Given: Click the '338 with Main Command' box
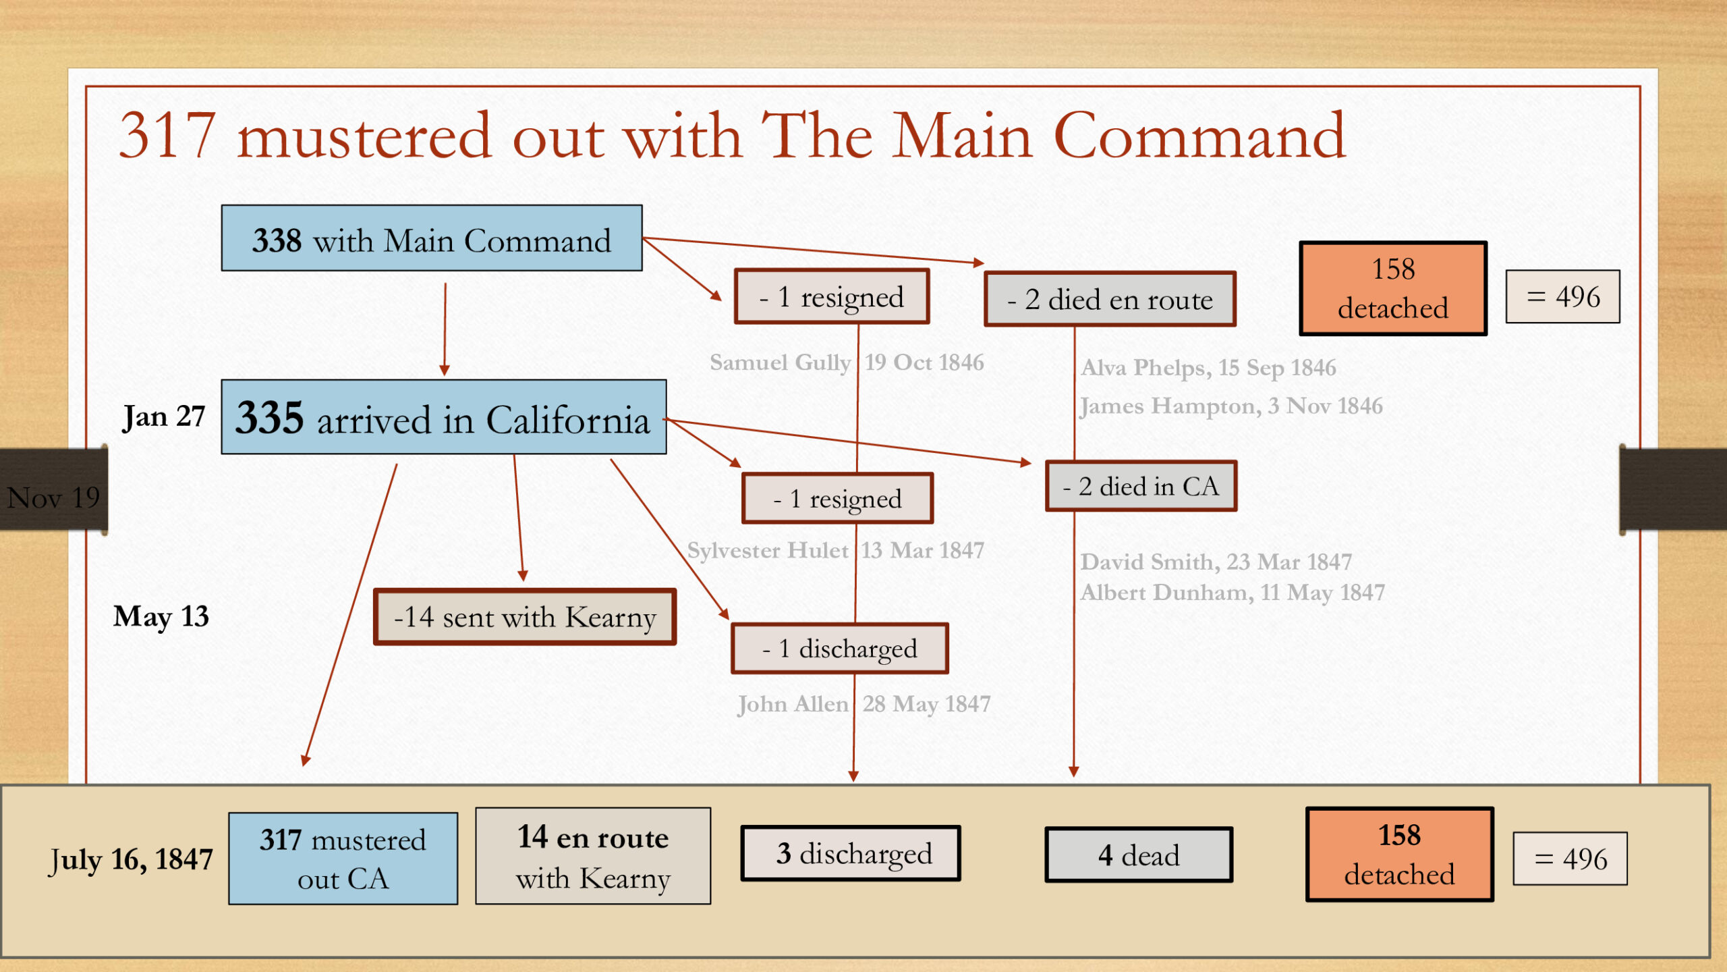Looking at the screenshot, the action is [x=432, y=238].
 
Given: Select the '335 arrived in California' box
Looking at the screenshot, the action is [x=444, y=417].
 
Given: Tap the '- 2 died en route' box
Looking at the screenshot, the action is [x=1110, y=299].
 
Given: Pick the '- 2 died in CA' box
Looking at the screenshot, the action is [x=1141, y=486].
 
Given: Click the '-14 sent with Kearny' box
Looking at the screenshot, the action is [x=525, y=617].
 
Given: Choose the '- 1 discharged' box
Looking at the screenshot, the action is [x=840, y=649].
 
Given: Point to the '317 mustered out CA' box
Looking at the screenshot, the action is [x=343, y=859].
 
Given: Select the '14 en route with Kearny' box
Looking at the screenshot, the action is [x=593, y=856].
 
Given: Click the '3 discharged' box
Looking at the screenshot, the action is [x=851, y=854].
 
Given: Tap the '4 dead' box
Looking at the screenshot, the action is [x=1139, y=855].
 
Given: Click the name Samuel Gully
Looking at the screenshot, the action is [x=780, y=362].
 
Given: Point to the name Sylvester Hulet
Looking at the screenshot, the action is [x=768, y=550].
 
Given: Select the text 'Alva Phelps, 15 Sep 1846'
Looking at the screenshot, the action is [x=1208, y=368].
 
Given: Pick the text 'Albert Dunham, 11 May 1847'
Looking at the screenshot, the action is [x=1233, y=593].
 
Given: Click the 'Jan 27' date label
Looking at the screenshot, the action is [x=164, y=417].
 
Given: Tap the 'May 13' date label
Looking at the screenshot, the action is [x=161, y=617].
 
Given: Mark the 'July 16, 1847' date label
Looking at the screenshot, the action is [x=132, y=861].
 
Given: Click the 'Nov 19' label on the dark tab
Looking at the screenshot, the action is [x=53, y=498].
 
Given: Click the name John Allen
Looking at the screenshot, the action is [x=793, y=704].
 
